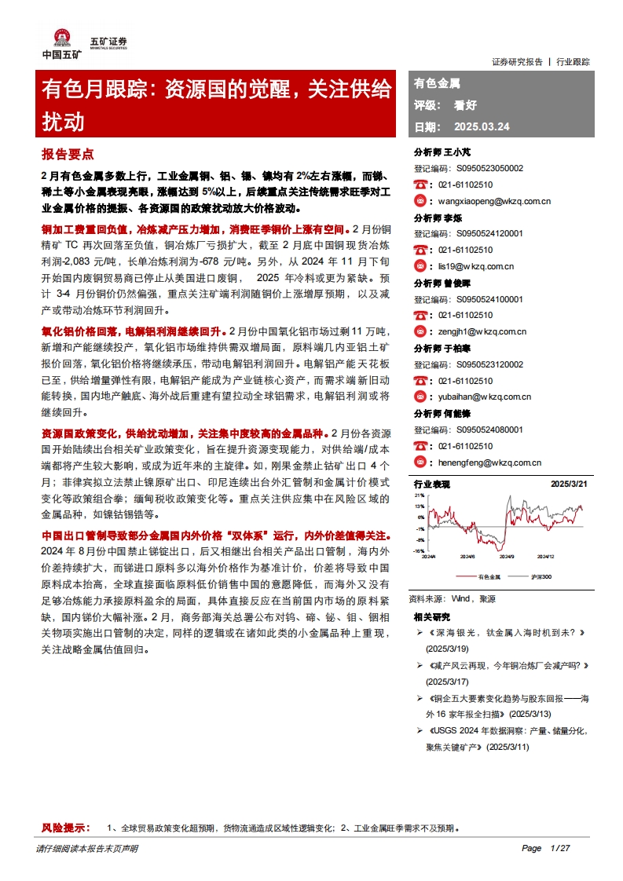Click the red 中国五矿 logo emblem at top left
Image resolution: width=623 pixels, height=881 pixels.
click(60, 38)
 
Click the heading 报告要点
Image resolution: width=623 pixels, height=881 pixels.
click(68, 154)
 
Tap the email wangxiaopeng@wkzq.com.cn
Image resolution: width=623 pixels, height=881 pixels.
click(494, 201)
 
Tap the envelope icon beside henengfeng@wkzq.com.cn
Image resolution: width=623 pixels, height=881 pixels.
click(421, 462)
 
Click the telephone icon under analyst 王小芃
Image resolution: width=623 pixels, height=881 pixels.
click(421, 185)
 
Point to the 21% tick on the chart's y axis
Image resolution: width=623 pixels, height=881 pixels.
click(420, 495)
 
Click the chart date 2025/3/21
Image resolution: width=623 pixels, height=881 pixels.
click(569, 484)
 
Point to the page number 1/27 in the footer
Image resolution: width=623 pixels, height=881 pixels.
click(559, 848)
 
